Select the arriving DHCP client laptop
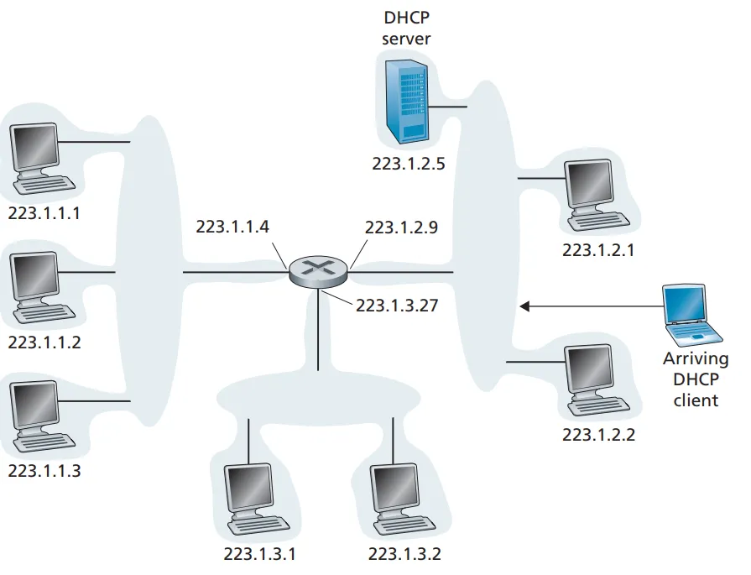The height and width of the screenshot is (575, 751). click(691, 316)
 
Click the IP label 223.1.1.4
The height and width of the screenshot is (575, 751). click(233, 226)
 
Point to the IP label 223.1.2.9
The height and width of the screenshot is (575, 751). click(402, 226)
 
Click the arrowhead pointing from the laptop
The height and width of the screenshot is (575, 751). click(525, 306)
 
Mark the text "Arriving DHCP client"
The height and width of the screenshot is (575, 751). click(696, 379)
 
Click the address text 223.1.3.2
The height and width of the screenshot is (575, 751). click(404, 554)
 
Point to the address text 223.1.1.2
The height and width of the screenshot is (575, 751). click(44, 342)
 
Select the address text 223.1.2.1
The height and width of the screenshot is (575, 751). click(598, 249)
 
